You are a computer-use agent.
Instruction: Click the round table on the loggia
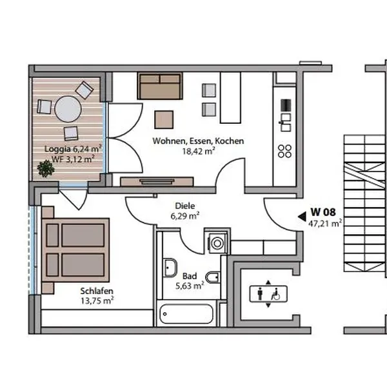(68, 109)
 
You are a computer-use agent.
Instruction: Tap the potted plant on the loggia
(46, 168)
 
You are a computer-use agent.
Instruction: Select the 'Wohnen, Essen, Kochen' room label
(198, 141)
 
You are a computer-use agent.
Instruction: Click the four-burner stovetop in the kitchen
(284, 152)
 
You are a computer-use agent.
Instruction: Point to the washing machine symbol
(217, 243)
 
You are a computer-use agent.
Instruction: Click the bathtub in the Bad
(186, 314)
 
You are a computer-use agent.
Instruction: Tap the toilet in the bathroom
(212, 277)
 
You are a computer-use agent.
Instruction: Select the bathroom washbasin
(170, 268)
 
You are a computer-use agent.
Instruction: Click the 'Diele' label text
(185, 206)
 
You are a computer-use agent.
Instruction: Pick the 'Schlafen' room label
(97, 291)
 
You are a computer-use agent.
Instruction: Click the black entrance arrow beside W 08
(302, 217)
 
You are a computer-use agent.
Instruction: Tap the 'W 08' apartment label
(323, 212)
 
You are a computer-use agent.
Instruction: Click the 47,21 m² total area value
(325, 224)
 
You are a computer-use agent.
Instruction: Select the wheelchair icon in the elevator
(275, 294)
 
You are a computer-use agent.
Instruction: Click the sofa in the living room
(160, 86)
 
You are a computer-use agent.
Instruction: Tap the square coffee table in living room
(164, 120)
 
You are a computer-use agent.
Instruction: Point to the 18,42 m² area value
(199, 151)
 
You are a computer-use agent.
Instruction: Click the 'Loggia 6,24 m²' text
(73, 149)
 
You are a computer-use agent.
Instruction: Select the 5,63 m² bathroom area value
(190, 286)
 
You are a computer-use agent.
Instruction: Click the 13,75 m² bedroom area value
(97, 301)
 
